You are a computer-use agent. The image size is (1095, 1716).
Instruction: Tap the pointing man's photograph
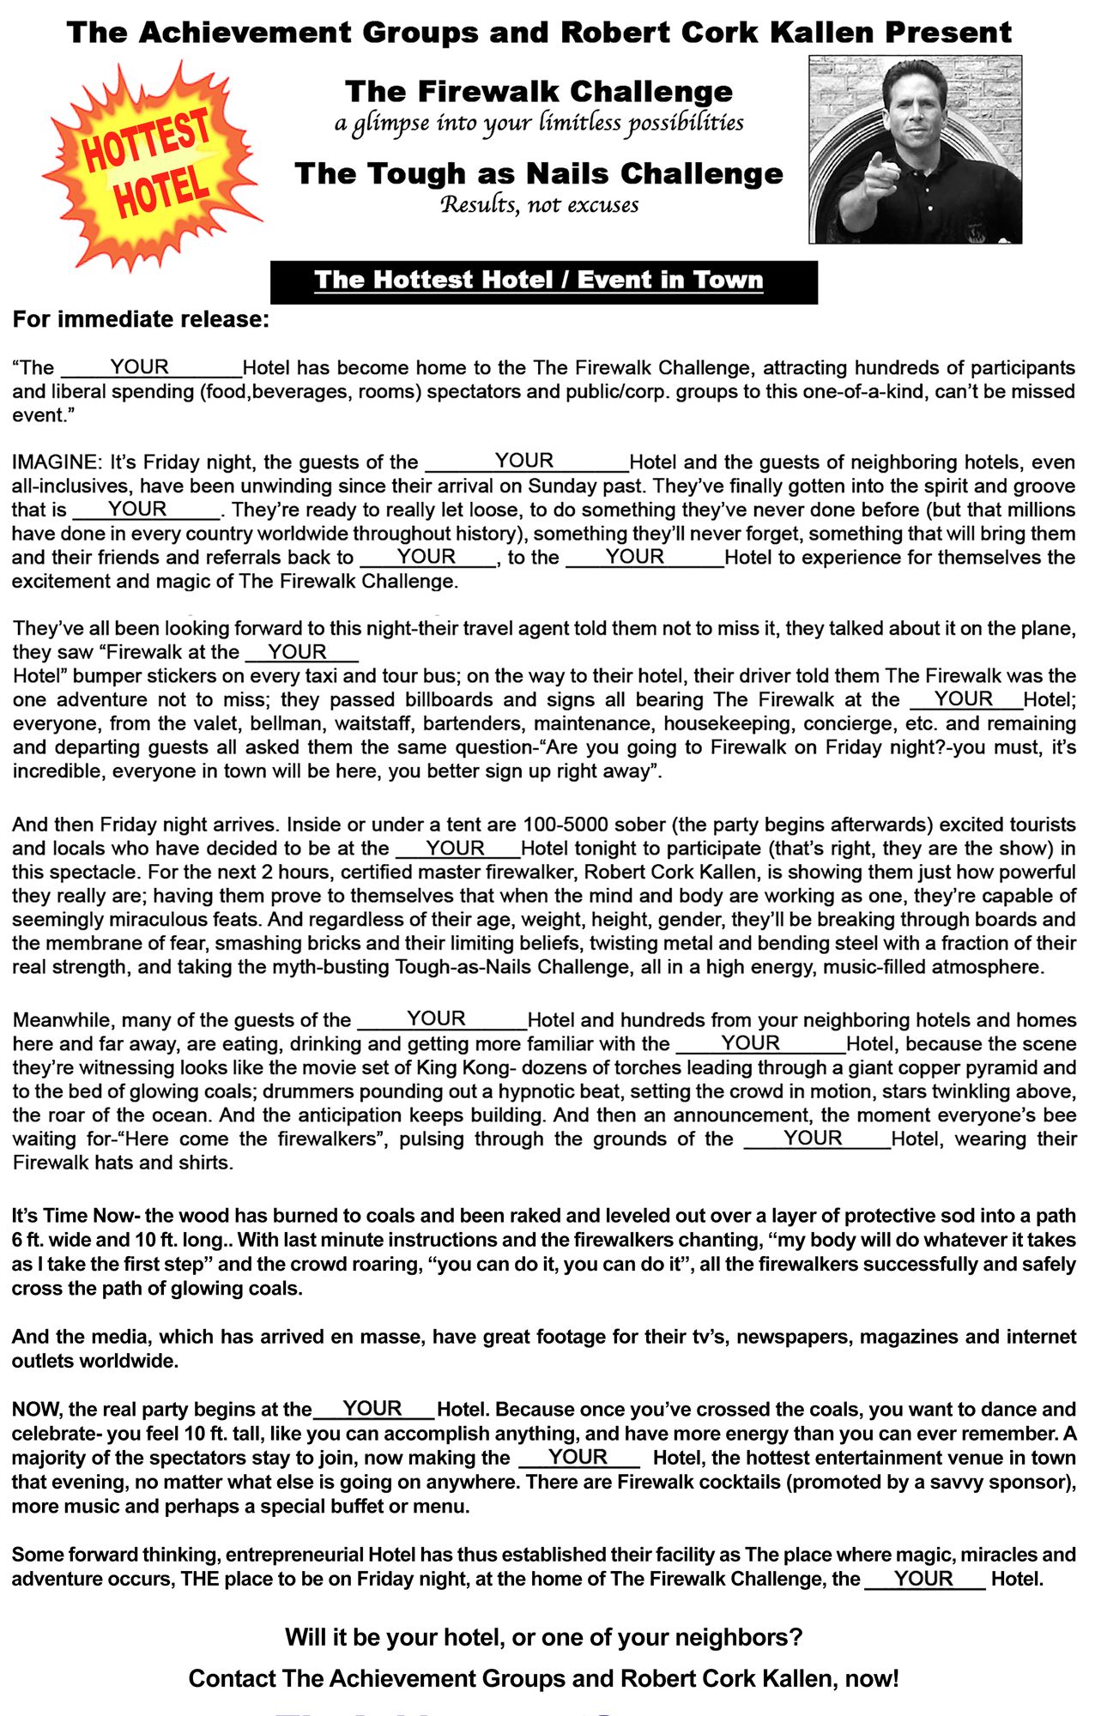915,149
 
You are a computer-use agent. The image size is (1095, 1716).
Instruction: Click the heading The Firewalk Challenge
539,91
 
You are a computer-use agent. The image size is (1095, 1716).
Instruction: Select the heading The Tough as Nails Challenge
539,173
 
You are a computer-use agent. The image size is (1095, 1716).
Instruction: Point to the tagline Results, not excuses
539,205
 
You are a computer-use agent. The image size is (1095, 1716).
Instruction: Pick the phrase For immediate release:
141,319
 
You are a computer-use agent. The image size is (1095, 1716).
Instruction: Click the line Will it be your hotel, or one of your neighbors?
543,1637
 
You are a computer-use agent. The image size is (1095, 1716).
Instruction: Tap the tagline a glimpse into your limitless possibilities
539,124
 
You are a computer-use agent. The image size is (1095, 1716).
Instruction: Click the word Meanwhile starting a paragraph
62,1020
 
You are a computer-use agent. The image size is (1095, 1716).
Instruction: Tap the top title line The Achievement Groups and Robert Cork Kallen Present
539,33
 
